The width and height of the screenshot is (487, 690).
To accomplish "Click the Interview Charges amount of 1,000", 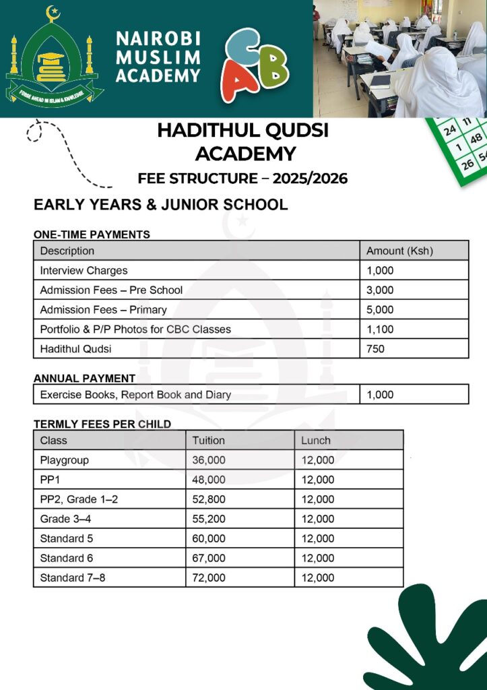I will [380, 271].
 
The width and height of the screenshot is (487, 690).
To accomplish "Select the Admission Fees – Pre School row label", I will [111, 290].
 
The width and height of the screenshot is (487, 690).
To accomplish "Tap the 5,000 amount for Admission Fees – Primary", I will [380, 310].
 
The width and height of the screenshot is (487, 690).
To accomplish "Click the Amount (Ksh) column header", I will [399, 251].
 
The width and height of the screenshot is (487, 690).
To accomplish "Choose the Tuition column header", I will [209, 441].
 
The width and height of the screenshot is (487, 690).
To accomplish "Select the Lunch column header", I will [316, 441].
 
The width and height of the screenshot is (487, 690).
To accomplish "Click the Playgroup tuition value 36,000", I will [209, 460].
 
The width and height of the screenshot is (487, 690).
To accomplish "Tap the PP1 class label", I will [51, 480].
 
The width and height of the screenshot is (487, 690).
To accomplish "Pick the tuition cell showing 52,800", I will [209, 499].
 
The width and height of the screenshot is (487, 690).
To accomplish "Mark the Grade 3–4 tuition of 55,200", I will [209, 519].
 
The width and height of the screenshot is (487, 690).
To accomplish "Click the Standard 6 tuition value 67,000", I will [209, 558].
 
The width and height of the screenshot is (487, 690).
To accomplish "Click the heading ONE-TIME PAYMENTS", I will [92, 234].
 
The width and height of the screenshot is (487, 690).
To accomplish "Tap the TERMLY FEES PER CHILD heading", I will [102, 424].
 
